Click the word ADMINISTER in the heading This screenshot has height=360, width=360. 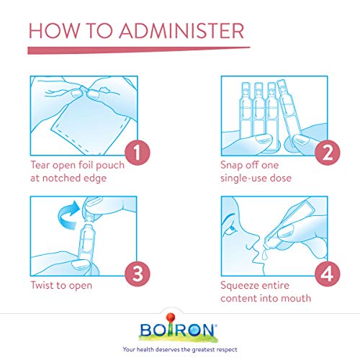[x=181, y=31]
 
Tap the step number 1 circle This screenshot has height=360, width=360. [x=138, y=153]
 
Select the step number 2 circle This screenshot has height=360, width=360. [x=328, y=153]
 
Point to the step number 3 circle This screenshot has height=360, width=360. [x=138, y=274]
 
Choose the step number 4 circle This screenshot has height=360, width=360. [x=328, y=274]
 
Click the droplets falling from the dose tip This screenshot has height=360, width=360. [x=264, y=254]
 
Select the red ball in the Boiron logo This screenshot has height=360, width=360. [x=171, y=318]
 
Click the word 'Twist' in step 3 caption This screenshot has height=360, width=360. [x=42, y=285]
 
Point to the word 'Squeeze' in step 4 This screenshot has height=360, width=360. [x=239, y=286]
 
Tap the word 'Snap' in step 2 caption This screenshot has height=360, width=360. [x=232, y=166]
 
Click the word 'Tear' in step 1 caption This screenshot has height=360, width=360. [x=40, y=165]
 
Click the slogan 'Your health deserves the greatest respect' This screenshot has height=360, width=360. [x=180, y=349]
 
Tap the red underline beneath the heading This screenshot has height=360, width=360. [x=139, y=50]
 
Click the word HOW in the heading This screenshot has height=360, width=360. [x=54, y=31]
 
